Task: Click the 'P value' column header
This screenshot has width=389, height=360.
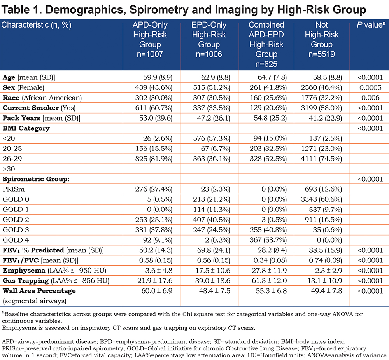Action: (x=371, y=25)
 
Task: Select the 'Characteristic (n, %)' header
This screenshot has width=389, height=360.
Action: (x=36, y=25)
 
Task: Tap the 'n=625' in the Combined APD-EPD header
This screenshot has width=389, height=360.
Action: (x=266, y=64)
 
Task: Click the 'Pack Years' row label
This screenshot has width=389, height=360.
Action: (x=21, y=118)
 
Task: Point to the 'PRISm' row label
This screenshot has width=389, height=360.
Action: (x=14, y=189)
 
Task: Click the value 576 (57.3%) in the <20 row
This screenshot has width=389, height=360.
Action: (x=212, y=138)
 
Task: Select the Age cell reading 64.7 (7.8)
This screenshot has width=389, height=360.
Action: (x=272, y=77)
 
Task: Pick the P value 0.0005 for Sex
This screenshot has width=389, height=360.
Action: (x=370, y=87)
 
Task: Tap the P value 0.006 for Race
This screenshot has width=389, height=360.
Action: (x=370, y=98)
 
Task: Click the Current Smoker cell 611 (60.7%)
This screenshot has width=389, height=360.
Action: (x=154, y=108)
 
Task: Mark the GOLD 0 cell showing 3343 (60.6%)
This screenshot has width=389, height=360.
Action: (x=322, y=199)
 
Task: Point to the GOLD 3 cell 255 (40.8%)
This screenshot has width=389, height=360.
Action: (x=268, y=230)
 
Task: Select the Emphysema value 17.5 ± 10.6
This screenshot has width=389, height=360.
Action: (x=213, y=271)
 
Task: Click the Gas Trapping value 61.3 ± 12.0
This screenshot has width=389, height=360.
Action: (x=269, y=281)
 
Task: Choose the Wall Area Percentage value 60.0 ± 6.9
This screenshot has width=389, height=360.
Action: (x=157, y=291)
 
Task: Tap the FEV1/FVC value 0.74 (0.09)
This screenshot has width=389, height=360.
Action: (x=326, y=260)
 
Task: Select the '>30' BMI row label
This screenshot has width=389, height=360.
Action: (x=9, y=169)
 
